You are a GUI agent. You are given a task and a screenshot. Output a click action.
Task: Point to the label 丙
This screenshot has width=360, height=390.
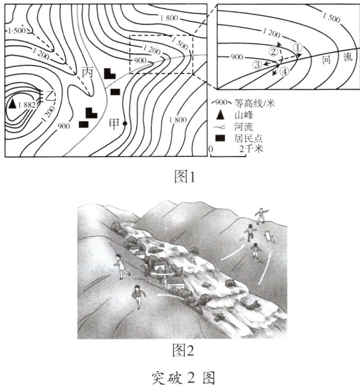click(88, 73)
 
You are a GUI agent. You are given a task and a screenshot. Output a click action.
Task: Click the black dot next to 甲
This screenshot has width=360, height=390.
click(125, 124)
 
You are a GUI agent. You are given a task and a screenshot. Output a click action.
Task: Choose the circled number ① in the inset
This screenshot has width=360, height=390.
click(298, 47)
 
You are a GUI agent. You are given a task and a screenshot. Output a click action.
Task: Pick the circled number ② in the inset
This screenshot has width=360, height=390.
click(274, 51)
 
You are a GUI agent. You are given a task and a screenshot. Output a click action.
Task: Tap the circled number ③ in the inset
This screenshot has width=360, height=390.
click(257, 64)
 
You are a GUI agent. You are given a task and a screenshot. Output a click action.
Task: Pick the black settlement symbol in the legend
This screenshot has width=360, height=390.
click(220, 138)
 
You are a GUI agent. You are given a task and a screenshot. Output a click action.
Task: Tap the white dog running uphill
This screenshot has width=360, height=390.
click(267, 237)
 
